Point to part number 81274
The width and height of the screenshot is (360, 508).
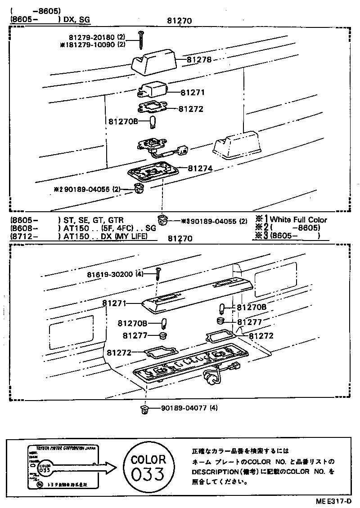click(x=200, y=168)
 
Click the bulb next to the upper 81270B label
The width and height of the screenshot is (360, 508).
click(x=152, y=121)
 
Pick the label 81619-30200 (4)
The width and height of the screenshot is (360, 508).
click(x=115, y=274)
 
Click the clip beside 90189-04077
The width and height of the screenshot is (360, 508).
click(x=146, y=409)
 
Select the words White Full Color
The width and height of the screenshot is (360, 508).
click(x=298, y=220)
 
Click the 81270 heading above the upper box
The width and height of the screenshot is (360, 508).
click(x=180, y=21)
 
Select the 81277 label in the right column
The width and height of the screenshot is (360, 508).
click(x=249, y=322)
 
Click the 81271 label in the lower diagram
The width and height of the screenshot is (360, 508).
click(x=114, y=303)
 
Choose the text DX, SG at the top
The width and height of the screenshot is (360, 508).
click(x=77, y=19)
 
